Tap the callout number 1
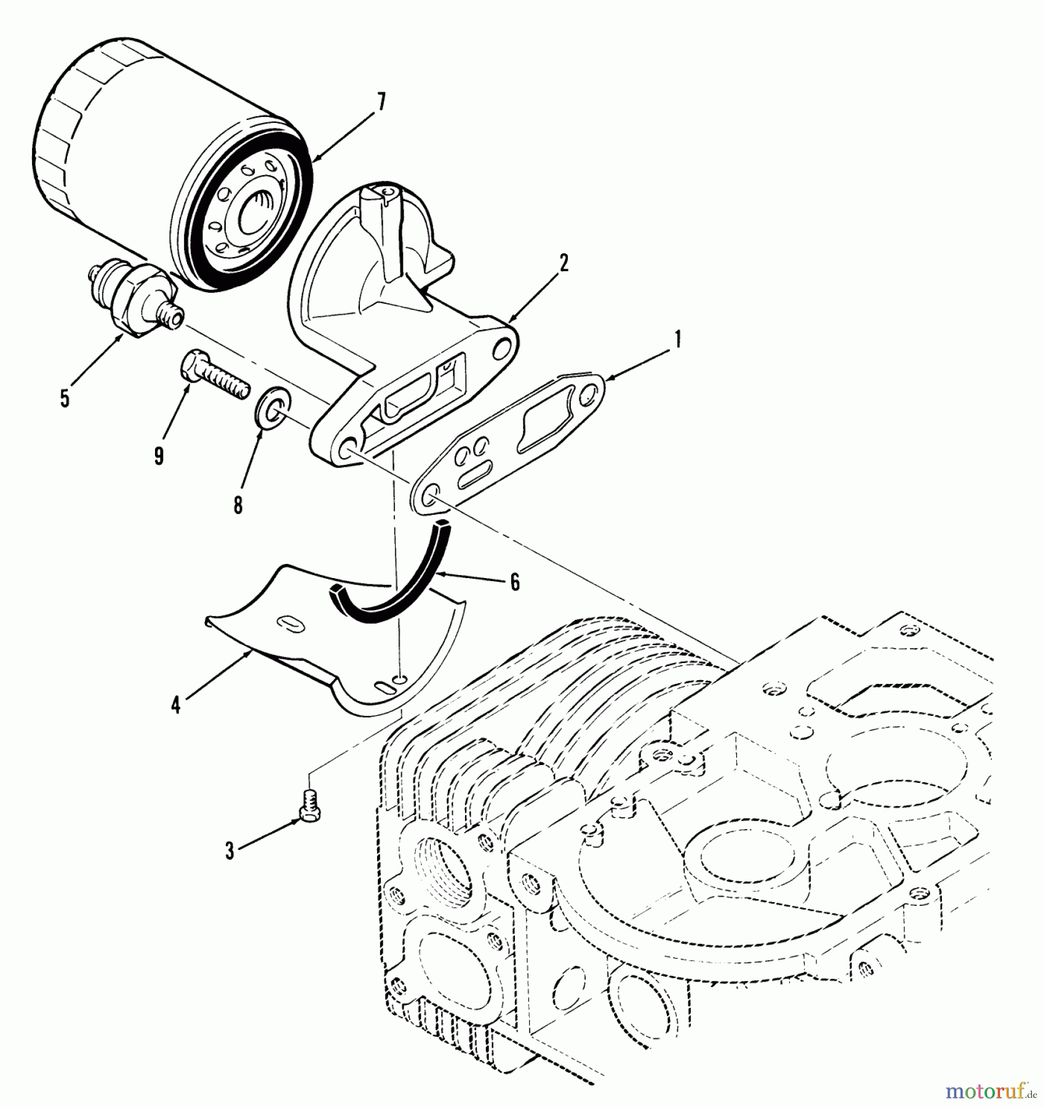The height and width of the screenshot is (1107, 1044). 677,339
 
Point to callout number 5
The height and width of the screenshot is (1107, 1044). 64,398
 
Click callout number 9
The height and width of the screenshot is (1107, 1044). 159,455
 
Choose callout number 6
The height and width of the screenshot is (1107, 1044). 514,581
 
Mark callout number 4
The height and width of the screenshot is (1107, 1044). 176,706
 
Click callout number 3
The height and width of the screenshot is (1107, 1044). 229,851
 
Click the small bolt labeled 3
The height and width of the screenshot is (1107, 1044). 307,804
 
